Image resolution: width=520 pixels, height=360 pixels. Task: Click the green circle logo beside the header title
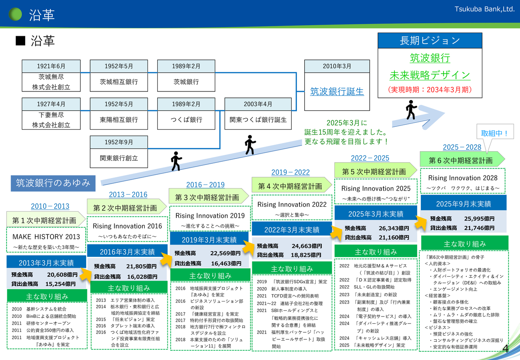point(15,14)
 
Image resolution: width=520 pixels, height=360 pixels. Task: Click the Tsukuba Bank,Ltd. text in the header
point(485,9)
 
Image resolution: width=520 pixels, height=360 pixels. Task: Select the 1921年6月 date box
point(51,66)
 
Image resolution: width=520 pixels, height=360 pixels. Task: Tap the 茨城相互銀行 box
point(119,82)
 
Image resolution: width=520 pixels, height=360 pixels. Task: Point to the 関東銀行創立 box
point(119,158)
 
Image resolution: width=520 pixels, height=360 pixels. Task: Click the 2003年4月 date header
point(258,104)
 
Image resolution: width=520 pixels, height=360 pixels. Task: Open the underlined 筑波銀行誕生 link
point(337,91)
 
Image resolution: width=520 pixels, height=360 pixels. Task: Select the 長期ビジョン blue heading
point(430,41)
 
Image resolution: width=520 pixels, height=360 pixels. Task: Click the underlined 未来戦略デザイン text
point(430,75)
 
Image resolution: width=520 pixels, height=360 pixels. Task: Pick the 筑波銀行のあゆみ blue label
point(53,183)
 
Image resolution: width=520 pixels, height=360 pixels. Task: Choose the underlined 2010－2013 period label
point(50,206)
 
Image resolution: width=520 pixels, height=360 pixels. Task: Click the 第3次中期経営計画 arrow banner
point(207,197)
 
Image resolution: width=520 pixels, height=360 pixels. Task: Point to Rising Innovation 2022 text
point(292,204)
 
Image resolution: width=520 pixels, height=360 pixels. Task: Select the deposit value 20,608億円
point(62,275)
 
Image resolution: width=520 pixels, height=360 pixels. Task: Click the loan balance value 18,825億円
point(306,255)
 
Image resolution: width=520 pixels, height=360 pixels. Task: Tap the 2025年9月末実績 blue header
point(464,204)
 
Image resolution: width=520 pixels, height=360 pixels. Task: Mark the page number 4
point(506,349)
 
